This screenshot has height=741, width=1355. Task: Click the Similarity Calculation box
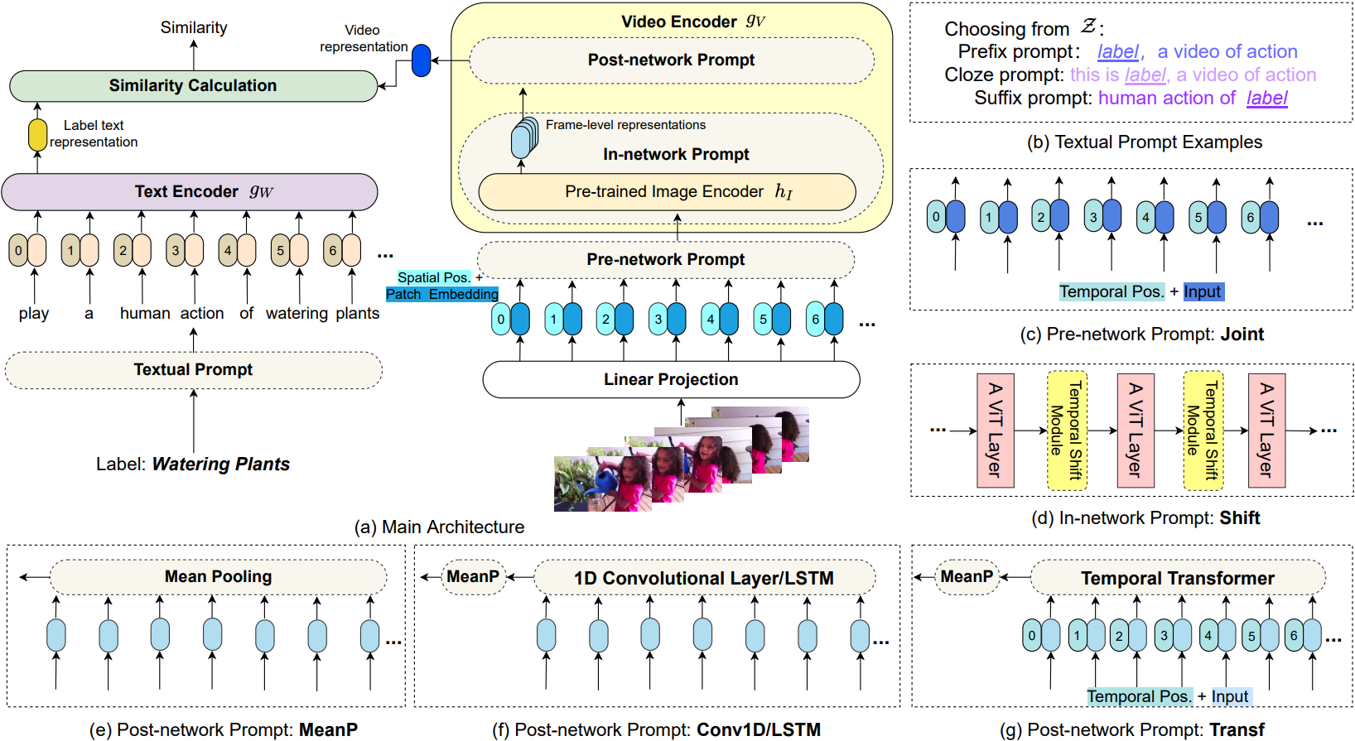(193, 86)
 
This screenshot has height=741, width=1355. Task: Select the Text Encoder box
(190, 192)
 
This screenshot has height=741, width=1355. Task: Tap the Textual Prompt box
(193, 369)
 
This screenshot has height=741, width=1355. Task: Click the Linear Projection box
(671, 379)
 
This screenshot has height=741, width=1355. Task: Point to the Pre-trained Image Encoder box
(667, 192)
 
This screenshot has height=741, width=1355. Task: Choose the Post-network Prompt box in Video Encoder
(672, 60)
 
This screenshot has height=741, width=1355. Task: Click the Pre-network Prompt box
(665, 259)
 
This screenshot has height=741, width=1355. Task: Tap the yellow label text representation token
(37, 135)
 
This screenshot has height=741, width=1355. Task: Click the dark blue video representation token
(421, 60)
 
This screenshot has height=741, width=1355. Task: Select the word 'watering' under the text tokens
(297, 313)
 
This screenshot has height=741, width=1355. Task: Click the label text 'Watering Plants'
(221, 464)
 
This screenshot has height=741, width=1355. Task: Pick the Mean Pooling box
(218, 577)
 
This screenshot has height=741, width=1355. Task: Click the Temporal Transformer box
(1178, 578)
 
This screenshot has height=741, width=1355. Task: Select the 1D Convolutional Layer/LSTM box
(704, 578)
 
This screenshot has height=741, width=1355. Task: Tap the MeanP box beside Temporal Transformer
(967, 577)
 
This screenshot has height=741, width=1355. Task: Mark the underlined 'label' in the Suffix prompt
(1266, 98)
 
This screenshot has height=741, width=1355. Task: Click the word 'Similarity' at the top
(194, 28)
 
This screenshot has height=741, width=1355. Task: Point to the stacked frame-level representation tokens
(524, 138)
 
